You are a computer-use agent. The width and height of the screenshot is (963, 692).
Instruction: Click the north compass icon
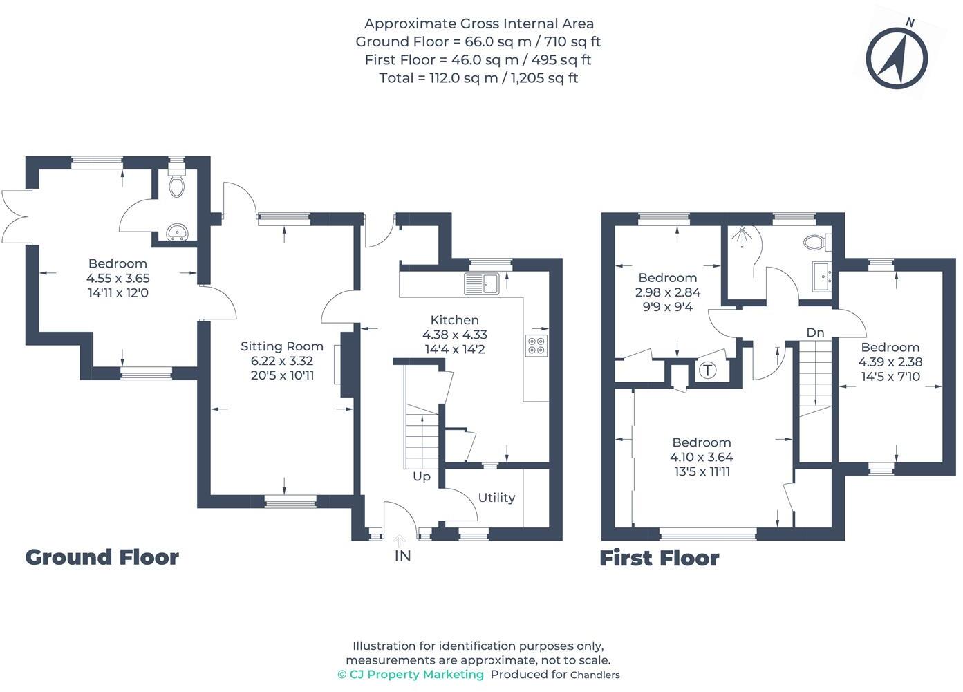[897, 58]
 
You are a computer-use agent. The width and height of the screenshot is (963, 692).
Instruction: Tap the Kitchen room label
[454, 320]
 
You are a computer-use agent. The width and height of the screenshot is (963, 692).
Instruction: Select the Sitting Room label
[281, 346]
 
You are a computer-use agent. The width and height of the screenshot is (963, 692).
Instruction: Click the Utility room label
[496, 498]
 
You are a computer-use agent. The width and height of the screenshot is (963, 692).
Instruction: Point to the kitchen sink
[482, 283]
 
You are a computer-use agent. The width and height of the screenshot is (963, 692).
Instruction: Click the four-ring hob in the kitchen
[536, 344]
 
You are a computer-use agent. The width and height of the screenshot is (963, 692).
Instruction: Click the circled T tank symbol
[707, 370]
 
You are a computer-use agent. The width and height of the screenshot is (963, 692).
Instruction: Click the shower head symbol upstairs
[740, 236]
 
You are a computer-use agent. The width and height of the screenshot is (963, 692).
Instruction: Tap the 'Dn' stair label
[815, 333]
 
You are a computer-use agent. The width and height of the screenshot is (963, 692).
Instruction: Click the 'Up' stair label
[421, 476]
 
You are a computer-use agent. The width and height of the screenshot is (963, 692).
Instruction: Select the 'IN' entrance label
[402, 555]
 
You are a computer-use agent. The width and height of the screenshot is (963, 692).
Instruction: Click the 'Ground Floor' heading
[102, 557]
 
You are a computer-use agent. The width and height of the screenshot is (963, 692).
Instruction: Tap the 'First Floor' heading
[659, 558]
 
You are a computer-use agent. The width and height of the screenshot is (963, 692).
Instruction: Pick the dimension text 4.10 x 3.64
[701, 457]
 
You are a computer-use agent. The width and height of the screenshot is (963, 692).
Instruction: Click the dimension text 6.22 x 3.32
[281, 361]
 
